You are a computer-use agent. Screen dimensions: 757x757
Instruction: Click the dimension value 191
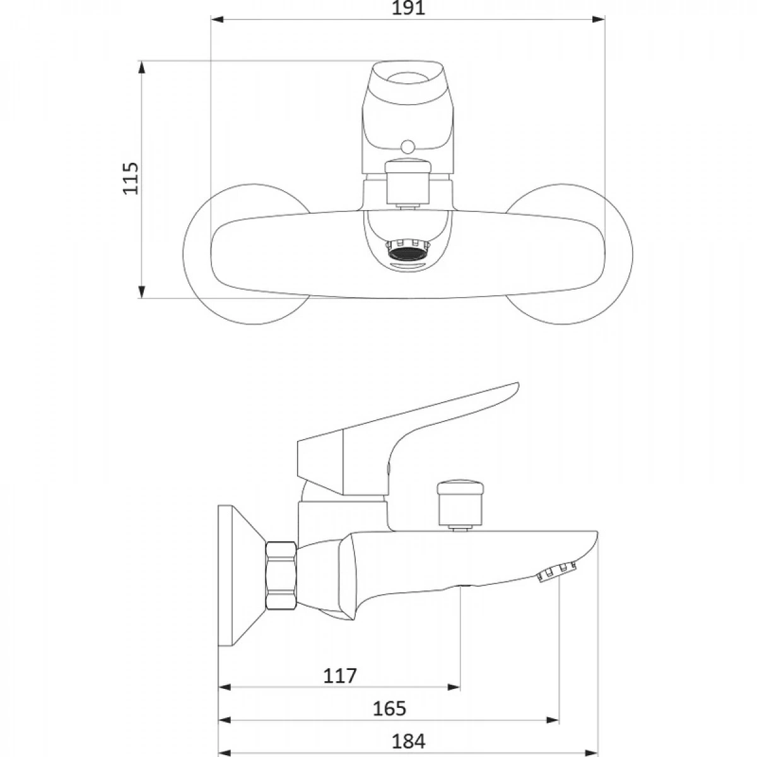pos(409,8)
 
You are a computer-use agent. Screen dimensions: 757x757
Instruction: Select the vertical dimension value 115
pos(131,178)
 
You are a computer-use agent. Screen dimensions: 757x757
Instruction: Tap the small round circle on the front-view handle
pos(408,146)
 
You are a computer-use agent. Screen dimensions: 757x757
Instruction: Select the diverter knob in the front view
pos(408,182)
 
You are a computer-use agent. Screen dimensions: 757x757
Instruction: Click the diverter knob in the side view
pos(460,504)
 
